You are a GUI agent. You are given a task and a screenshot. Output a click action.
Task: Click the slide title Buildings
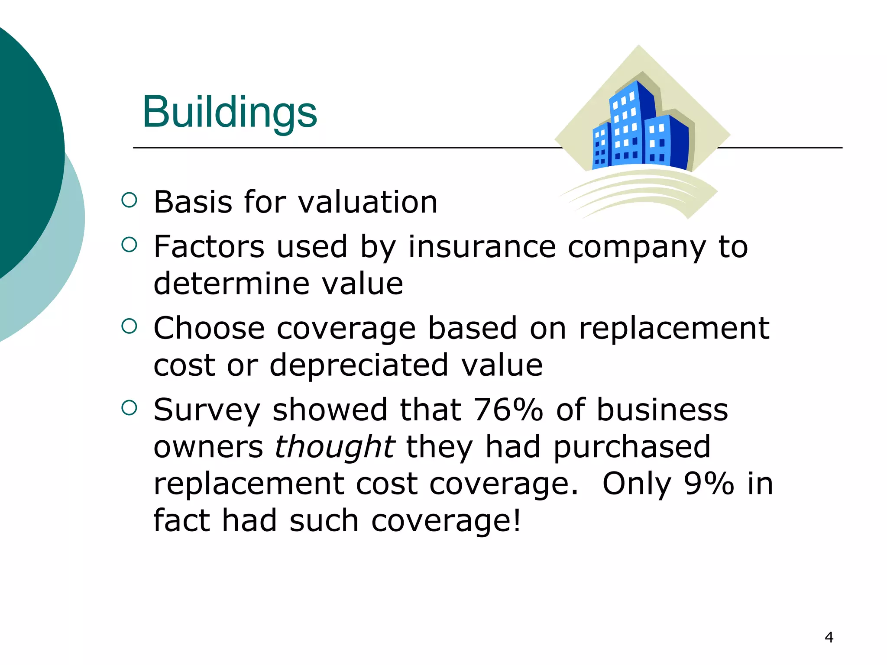pos(230,113)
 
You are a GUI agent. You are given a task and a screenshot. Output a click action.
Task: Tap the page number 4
pos(829,637)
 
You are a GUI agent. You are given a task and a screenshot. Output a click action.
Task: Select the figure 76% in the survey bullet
pos(508,410)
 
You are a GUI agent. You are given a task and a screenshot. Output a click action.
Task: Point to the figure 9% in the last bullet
pos(709,484)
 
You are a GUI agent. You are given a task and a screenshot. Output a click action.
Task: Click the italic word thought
pos(334,447)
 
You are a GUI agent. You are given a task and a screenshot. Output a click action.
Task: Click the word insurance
pos(482,247)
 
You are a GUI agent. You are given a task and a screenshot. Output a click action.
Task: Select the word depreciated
pos(359,365)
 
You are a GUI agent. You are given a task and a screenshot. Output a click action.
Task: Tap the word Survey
pos(207,410)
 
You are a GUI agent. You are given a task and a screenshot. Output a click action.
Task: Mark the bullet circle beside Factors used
pos(129,245)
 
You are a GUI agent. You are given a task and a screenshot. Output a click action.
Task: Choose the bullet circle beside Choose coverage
pos(129,326)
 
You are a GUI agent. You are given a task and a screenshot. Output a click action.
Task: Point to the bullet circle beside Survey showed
pos(129,408)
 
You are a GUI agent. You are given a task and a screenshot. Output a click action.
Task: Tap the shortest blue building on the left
pos(601,147)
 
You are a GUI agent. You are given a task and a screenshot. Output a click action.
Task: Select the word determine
pos(231,284)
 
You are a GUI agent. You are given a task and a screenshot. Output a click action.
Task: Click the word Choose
pos(209,328)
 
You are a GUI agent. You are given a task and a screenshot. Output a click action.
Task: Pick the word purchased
pos(632,447)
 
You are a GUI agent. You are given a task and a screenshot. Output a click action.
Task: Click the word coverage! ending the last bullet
pos(446,521)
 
